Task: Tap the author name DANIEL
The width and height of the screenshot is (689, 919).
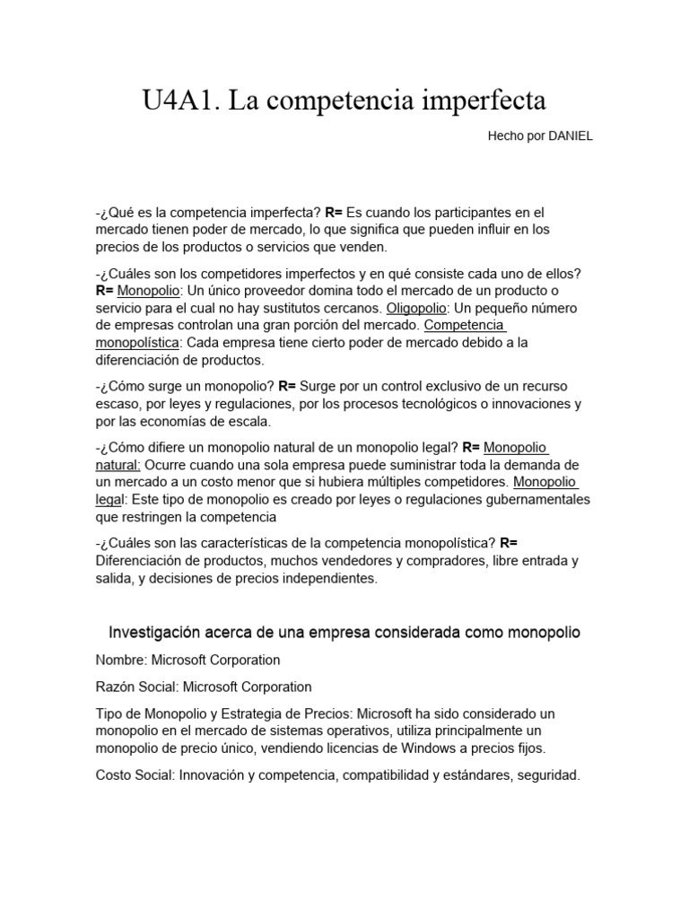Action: pyautogui.click(x=564, y=136)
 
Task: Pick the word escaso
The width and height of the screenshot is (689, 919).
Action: pyautogui.click(x=116, y=404)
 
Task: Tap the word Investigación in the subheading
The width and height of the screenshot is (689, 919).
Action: pyautogui.click(x=153, y=633)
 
